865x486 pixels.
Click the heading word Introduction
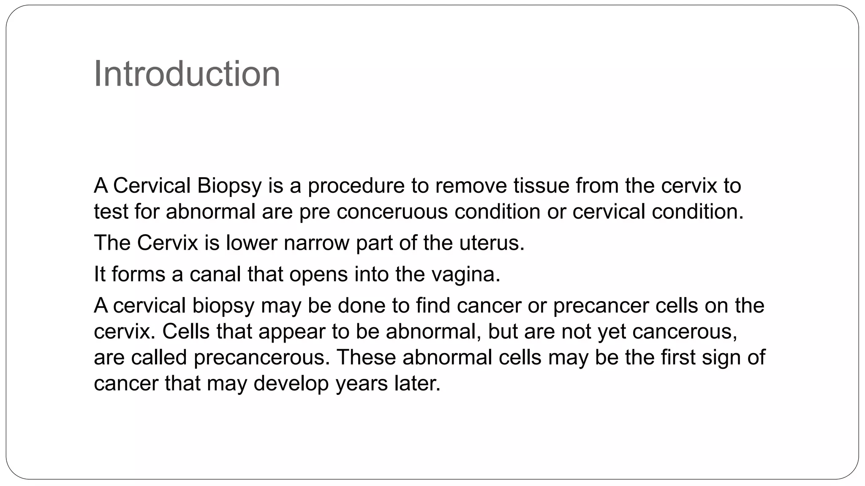click(187, 74)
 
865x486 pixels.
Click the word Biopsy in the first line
click(229, 186)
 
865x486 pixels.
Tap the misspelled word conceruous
click(392, 211)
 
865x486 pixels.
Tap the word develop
click(291, 383)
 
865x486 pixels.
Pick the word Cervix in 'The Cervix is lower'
click(167, 243)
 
